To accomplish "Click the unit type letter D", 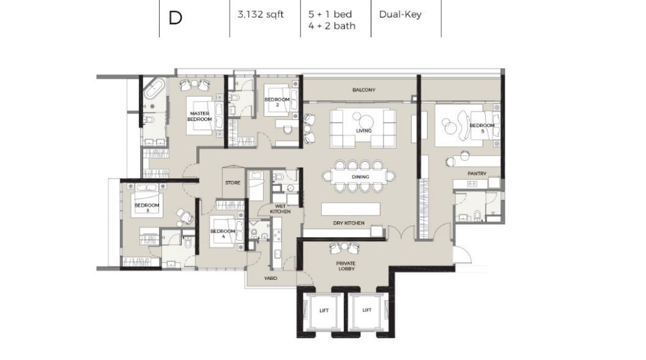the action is click(175, 18).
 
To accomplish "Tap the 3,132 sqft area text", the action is click(261, 15).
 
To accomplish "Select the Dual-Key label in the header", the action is click(400, 15).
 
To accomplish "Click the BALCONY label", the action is click(364, 90).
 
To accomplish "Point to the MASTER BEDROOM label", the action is click(200, 116).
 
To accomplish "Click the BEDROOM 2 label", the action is click(277, 102).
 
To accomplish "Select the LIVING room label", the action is click(364, 131).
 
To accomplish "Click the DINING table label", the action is click(360, 177).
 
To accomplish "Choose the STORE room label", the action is click(233, 182).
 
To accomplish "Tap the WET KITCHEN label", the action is click(280, 209).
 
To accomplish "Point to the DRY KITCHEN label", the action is click(349, 223).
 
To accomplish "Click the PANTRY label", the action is click(477, 173).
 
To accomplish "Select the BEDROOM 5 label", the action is click(482, 128).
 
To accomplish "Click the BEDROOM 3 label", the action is click(146, 207).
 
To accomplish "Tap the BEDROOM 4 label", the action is click(223, 233).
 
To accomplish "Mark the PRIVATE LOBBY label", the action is click(346, 266).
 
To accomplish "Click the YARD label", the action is click(271, 279).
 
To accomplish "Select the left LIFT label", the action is click(324, 311).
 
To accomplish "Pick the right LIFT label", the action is click(367, 310).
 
